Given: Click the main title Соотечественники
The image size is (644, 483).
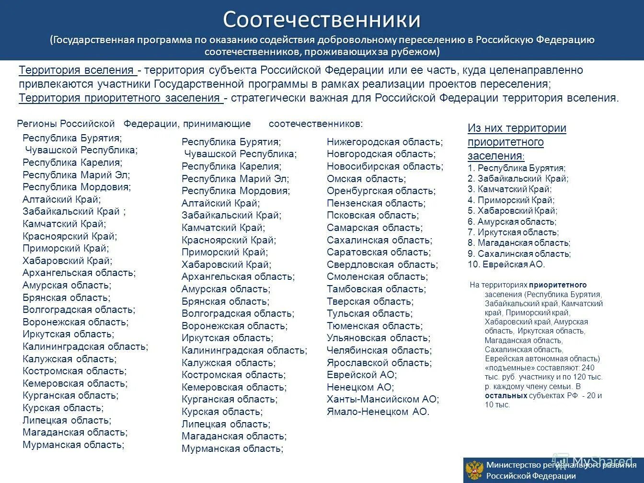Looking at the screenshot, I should pyautogui.click(x=322, y=20).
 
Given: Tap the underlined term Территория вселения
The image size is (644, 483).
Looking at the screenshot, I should pyautogui.click(x=77, y=70).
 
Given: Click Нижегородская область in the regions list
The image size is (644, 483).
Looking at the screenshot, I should pyautogui.click(x=384, y=142).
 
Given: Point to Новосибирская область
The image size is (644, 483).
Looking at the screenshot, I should pyautogui.click(x=385, y=166).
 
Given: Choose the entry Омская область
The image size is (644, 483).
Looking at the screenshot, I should pyautogui.click(x=366, y=179).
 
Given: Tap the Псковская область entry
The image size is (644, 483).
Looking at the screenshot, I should pyautogui.click(x=372, y=215).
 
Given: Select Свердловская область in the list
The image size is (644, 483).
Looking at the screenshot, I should pyautogui.click(x=382, y=264).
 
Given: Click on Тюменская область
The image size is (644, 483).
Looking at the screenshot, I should pyautogui.click(x=374, y=326).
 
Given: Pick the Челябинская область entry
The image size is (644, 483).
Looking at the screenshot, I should pyautogui.click(x=379, y=350).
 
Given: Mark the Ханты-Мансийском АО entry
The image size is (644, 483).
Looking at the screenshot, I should pyautogui.click(x=382, y=399).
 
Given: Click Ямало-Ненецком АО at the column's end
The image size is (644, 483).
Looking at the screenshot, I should pyautogui.click(x=378, y=412).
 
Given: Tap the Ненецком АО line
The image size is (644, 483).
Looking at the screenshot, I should pyautogui.click(x=360, y=387).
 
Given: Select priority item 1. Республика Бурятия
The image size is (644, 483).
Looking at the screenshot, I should pyautogui.click(x=517, y=168).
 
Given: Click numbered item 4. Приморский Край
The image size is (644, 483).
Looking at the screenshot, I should pyautogui.click(x=511, y=200).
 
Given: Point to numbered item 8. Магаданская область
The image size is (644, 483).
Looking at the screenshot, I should pyautogui.click(x=519, y=243).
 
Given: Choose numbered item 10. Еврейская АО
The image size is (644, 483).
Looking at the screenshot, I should pyautogui.click(x=506, y=264).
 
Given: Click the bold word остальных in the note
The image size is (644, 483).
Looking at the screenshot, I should pyautogui.click(x=506, y=396).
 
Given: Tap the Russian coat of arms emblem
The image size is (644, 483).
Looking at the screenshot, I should pyautogui.click(x=474, y=471).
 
